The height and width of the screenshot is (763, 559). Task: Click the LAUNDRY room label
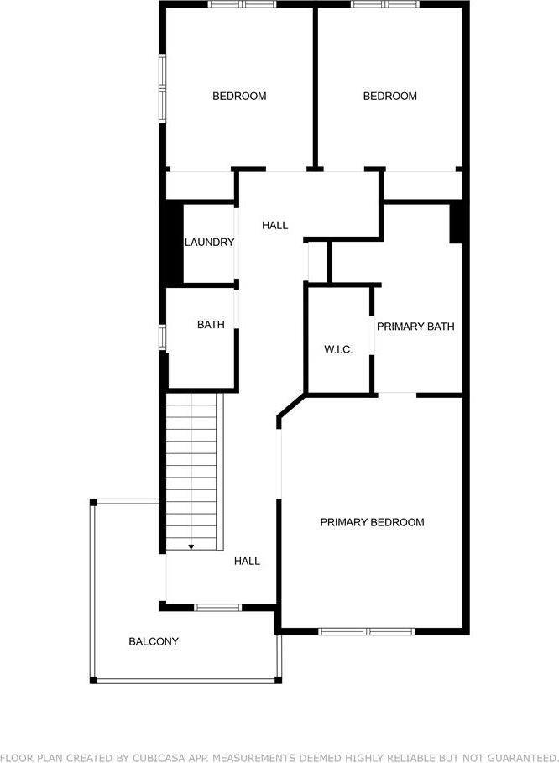[x=209, y=243]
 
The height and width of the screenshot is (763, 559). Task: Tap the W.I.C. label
[x=338, y=349]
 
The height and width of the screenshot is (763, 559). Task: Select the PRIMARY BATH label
[x=415, y=326]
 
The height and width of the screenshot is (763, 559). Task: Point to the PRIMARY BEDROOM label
[x=372, y=522]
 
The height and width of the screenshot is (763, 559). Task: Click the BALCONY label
[x=154, y=642]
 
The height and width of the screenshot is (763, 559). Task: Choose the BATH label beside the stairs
[x=211, y=325]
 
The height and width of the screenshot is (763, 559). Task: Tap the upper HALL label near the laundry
[x=274, y=225]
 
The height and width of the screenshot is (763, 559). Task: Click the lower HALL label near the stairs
[x=247, y=561]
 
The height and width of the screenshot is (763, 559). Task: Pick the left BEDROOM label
[x=239, y=96]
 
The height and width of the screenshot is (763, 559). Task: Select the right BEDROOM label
[x=389, y=96]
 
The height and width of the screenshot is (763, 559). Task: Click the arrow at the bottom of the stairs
[x=191, y=547]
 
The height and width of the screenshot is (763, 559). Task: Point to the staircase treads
[x=192, y=470]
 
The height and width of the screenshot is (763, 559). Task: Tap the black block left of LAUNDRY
[x=172, y=243]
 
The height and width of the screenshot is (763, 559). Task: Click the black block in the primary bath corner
[x=457, y=222]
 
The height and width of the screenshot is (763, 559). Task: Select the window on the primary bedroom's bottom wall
[x=367, y=631]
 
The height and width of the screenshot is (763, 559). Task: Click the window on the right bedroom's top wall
[x=385, y=4]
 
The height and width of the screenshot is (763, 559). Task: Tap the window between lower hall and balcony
[x=218, y=607]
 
